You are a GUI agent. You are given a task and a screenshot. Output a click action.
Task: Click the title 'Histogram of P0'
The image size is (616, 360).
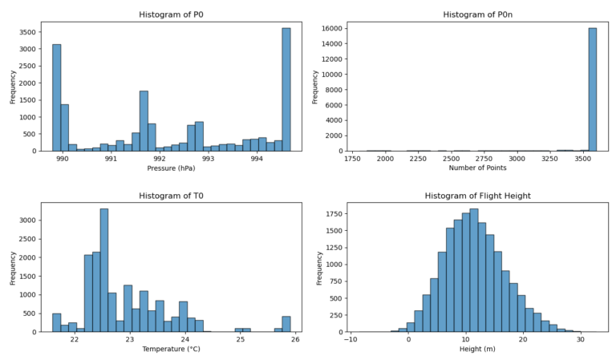click(169, 14)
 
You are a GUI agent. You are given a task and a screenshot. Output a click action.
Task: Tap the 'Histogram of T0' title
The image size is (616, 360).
click(169, 196)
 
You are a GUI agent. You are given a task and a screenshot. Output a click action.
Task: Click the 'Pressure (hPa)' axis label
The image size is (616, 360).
click(169, 168)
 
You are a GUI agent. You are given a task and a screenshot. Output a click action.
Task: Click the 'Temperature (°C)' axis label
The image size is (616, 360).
click(169, 349)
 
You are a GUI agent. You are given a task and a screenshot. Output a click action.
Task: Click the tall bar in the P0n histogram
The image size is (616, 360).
click(592, 90)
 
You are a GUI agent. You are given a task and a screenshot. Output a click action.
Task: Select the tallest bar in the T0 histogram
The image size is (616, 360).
click(104, 270)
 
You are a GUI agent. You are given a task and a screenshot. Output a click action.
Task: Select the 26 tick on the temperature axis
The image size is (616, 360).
click(295, 340)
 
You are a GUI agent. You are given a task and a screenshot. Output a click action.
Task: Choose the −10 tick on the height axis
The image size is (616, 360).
click(351, 340)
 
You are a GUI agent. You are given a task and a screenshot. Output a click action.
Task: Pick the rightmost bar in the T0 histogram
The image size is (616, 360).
click(286, 324)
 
